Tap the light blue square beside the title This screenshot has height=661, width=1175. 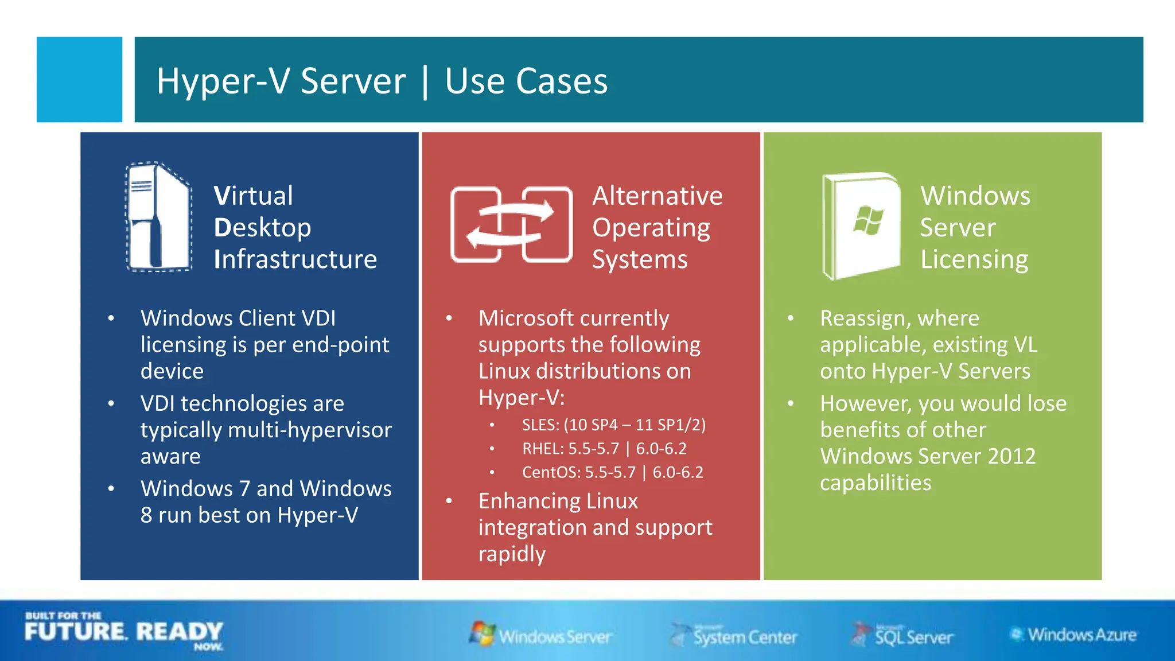tap(79, 79)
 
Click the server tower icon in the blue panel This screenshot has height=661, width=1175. tap(158, 217)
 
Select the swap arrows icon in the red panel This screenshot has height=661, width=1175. tap(511, 224)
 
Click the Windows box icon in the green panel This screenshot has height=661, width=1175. tap(861, 225)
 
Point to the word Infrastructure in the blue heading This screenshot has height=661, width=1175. tap(295, 259)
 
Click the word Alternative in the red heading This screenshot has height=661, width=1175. tap(657, 196)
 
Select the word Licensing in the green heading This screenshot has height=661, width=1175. tap(974, 259)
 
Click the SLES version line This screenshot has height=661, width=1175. tap(613, 425)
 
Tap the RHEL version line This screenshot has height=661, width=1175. tap(604, 448)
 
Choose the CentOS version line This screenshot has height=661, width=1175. tap(612, 472)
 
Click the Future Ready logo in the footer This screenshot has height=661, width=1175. tap(123, 631)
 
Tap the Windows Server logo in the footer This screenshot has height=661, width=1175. tap(540, 635)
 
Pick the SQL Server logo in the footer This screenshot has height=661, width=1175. tap(902, 635)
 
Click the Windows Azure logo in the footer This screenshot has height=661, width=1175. tap(1073, 635)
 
